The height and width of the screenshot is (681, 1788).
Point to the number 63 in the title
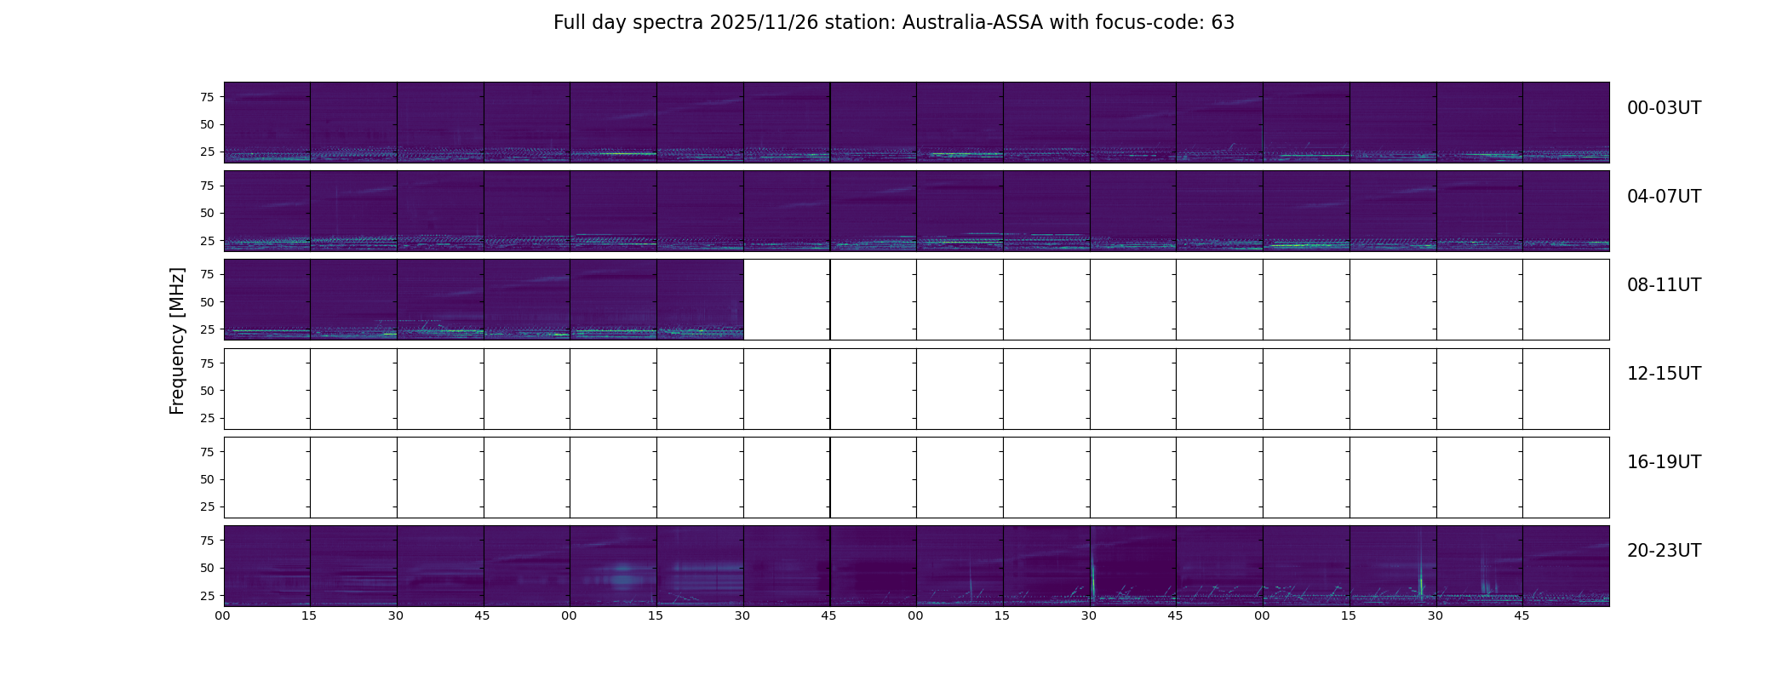pos(1223,23)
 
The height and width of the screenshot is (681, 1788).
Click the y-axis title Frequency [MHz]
pos(177,340)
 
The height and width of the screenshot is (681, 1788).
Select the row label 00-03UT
pos(1664,108)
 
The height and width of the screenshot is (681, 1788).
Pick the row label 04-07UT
pos(1664,197)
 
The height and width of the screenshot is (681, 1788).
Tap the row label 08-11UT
pos(1664,285)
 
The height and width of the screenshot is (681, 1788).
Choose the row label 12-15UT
pos(1664,374)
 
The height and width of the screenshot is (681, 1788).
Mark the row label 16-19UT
pos(1664,462)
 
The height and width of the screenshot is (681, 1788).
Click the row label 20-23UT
pos(1664,551)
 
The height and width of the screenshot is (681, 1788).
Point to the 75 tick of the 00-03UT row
pos(206,97)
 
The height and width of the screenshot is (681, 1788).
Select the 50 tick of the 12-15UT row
pos(206,391)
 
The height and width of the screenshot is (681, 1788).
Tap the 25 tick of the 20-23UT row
pos(206,596)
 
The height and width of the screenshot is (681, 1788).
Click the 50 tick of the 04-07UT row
pos(206,214)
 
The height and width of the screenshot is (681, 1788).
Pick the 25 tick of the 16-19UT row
pos(206,507)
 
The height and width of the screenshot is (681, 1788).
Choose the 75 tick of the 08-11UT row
pos(206,274)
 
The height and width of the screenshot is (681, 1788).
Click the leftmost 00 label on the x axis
pos(222,615)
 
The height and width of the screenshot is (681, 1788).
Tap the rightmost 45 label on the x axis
pos(1522,615)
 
